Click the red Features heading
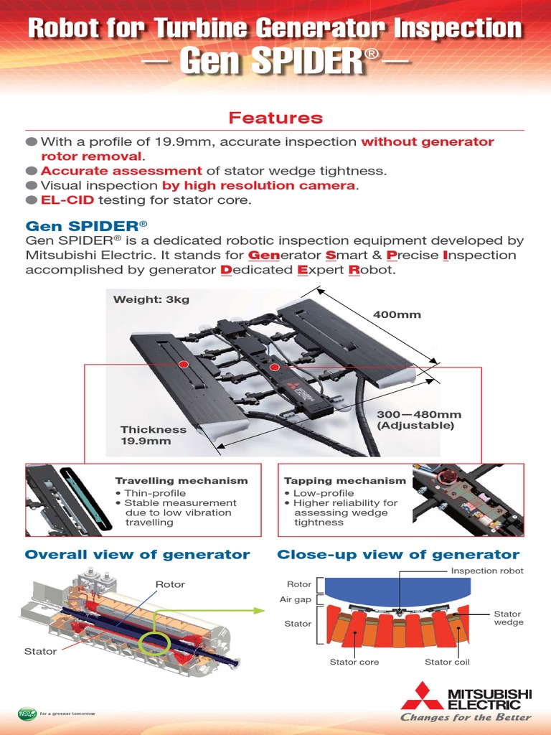tap(275, 118)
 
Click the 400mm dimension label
tap(397, 314)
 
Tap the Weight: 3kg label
tap(151, 299)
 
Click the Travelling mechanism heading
tap(182, 480)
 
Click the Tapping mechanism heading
tap(344, 480)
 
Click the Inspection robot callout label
tap(487, 571)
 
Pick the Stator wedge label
tap(509, 618)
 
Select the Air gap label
tap(295, 599)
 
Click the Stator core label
tap(354, 662)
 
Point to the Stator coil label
tap(447, 662)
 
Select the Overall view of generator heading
tap(137, 554)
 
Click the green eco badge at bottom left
tap(27, 713)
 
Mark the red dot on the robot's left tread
tap(184, 365)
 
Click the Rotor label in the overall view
tap(170, 584)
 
